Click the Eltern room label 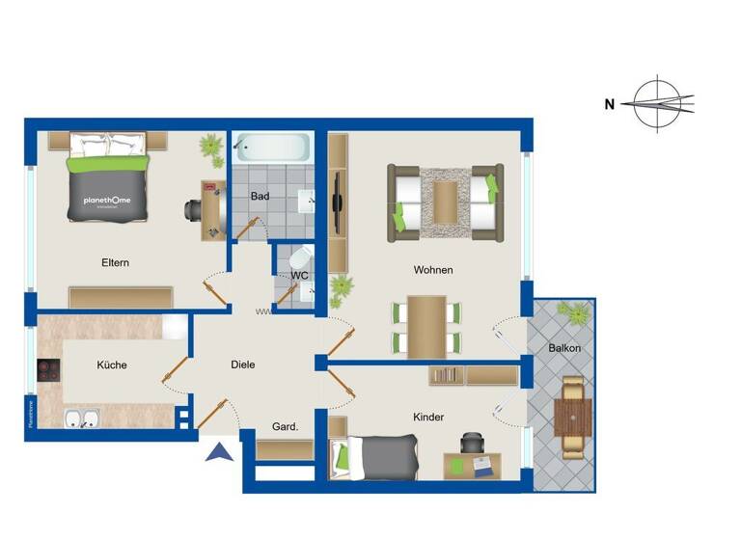pyautogui.click(x=115, y=262)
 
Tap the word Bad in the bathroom pyautogui.click(x=260, y=197)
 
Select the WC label pyautogui.click(x=299, y=276)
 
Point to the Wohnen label pyautogui.click(x=433, y=270)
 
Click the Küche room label pyautogui.click(x=112, y=365)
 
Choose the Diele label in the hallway pyautogui.click(x=243, y=365)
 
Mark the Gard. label pyautogui.click(x=284, y=426)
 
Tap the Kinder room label pyautogui.click(x=428, y=418)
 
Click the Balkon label pyautogui.click(x=564, y=348)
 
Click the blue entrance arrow pyautogui.click(x=220, y=450)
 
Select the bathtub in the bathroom pyautogui.click(x=272, y=148)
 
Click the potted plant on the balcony pyautogui.click(x=578, y=312)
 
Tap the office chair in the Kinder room pyautogui.click(x=472, y=443)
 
